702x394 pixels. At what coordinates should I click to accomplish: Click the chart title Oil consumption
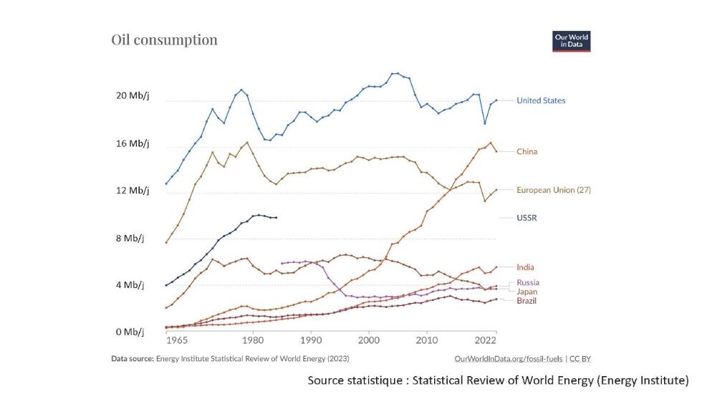(x=164, y=39)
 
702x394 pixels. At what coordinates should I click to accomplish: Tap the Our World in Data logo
(x=571, y=41)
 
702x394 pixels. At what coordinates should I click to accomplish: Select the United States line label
(x=541, y=101)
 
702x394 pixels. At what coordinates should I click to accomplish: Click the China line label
(x=526, y=152)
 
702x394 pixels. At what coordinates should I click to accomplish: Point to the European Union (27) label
(x=554, y=191)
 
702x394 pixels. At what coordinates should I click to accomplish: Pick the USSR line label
(x=526, y=217)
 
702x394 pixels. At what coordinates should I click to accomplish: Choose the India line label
(x=525, y=267)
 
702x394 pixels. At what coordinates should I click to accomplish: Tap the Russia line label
(x=528, y=282)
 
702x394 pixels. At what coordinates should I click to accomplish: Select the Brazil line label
(x=526, y=301)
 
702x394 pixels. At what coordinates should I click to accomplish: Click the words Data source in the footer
(x=132, y=357)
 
